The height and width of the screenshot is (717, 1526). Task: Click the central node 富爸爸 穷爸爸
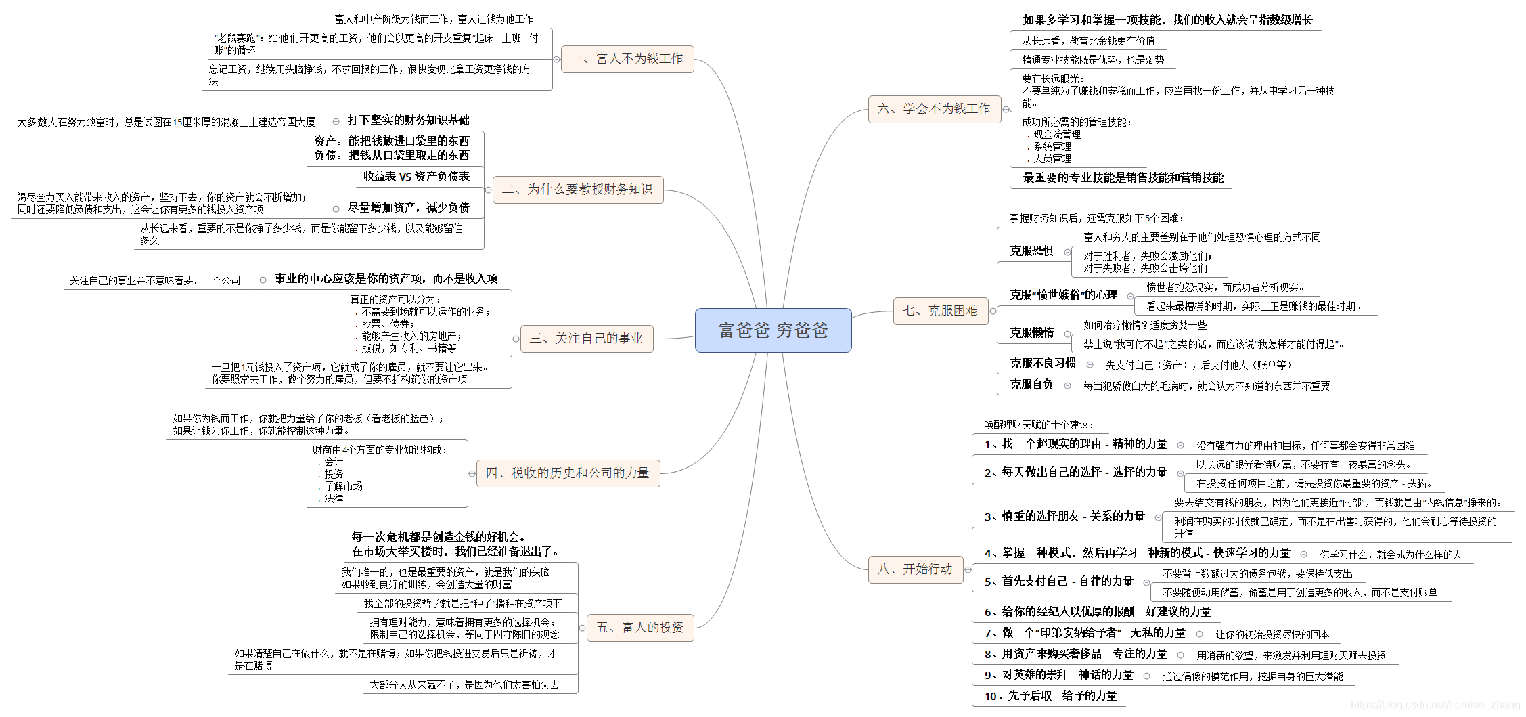click(x=773, y=330)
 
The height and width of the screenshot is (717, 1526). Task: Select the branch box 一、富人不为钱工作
click(x=627, y=59)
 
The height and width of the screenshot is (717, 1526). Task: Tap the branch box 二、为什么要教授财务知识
click(x=577, y=190)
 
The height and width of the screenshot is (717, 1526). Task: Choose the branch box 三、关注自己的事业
click(x=586, y=339)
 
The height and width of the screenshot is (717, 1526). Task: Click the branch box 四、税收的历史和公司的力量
click(x=567, y=473)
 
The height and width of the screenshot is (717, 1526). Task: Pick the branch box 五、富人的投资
click(x=639, y=628)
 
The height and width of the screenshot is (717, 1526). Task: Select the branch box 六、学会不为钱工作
click(x=934, y=109)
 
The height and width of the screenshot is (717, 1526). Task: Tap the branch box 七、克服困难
click(x=940, y=311)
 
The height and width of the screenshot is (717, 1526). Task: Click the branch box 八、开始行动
click(x=915, y=569)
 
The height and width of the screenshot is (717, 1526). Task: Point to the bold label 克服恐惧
click(x=1031, y=251)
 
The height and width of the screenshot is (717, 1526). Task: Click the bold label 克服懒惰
click(x=1031, y=333)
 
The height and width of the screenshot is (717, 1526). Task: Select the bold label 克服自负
click(x=1031, y=385)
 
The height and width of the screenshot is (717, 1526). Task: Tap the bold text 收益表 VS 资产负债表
click(x=416, y=177)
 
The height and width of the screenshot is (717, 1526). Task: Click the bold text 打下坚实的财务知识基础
click(x=408, y=121)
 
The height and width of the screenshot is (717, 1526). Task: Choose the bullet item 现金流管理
click(x=1056, y=135)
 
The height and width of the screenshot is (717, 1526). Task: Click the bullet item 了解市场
click(x=343, y=486)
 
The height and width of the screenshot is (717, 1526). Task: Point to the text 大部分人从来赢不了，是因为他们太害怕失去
click(x=464, y=685)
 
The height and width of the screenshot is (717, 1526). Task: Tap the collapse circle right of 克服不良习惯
click(x=1090, y=365)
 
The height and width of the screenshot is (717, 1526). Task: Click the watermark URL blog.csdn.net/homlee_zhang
click(x=1435, y=705)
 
